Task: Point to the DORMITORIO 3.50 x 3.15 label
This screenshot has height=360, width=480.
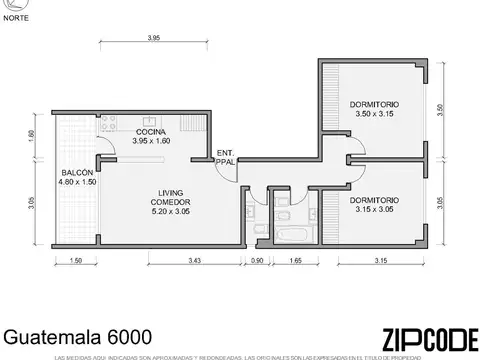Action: pyautogui.click(x=374, y=109)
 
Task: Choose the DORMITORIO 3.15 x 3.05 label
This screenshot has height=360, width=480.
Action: pyautogui.click(x=375, y=205)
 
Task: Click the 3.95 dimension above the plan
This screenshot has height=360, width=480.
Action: pyautogui.click(x=154, y=38)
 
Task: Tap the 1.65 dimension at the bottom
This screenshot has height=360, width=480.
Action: pyautogui.click(x=295, y=262)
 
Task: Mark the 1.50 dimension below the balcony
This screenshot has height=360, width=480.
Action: pyautogui.click(x=76, y=262)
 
